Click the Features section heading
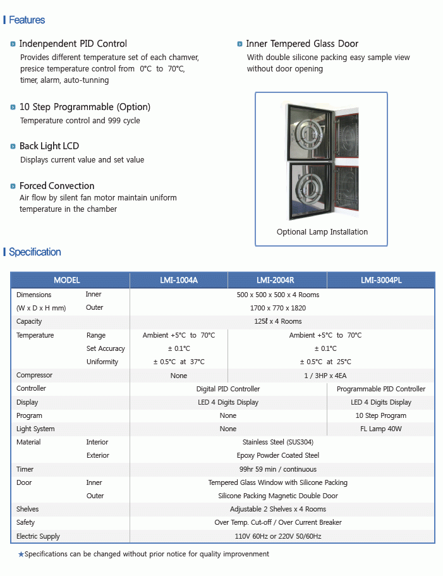click(27, 20)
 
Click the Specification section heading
click(35, 252)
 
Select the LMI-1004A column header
click(179, 280)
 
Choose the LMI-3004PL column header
click(381, 280)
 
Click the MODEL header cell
click(67, 280)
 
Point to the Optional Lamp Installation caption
click(322, 232)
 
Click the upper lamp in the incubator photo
click(308, 133)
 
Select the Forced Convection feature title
click(57, 186)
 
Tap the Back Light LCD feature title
click(49, 146)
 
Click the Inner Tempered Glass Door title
click(302, 44)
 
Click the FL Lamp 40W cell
click(381, 429)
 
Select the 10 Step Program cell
click(381, 415)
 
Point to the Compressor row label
click(34, 376)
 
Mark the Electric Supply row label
click(38, 536)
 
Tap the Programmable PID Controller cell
click(381, 389)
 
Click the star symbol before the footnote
click(21, 555)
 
